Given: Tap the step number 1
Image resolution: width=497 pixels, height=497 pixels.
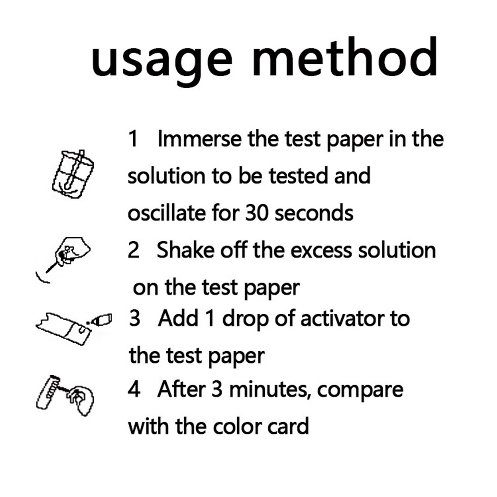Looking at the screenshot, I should tap(133, 139).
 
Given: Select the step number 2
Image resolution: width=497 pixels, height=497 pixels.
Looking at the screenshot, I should tap(134, 250).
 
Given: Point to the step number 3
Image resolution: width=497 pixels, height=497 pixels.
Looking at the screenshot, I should tap(135, 319).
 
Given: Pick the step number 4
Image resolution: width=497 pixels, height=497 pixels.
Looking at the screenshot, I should tap(134, 389).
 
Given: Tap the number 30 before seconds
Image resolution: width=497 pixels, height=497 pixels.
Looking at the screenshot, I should tap(257, 213).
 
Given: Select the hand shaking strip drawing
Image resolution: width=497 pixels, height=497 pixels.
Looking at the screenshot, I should tap(67, 256).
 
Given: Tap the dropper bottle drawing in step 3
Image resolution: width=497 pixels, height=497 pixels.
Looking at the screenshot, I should tap(100, 320).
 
